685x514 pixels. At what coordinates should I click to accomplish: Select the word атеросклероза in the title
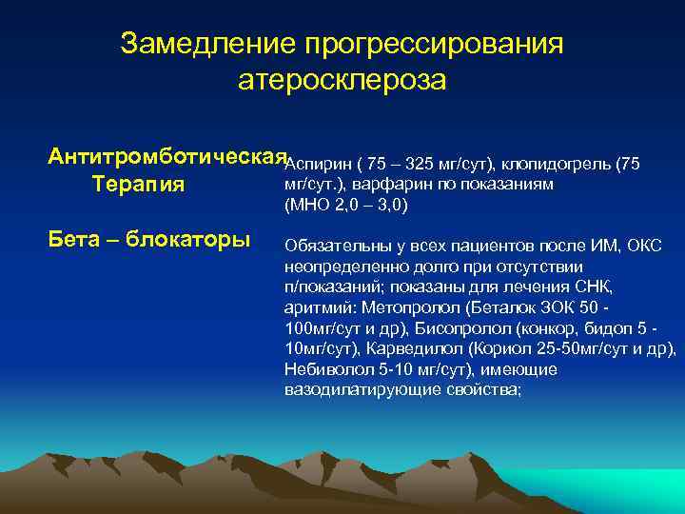(x=342, y=81)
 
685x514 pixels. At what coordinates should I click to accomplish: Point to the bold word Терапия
(x=138, y=183)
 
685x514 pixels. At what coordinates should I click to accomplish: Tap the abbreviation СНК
(x=595, y=287)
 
